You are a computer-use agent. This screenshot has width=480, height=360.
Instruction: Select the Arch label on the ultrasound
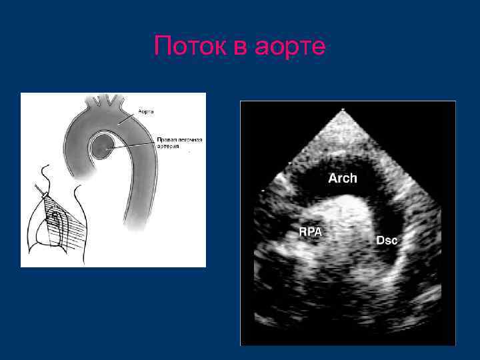343,179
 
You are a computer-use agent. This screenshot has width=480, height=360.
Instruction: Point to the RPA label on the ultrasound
311,232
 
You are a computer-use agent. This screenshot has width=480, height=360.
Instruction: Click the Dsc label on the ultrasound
387,241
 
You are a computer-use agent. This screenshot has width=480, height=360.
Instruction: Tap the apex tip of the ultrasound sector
343,109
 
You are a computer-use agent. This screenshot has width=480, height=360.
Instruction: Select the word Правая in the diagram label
166,139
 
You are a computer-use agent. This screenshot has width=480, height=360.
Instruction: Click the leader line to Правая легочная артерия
133,144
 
